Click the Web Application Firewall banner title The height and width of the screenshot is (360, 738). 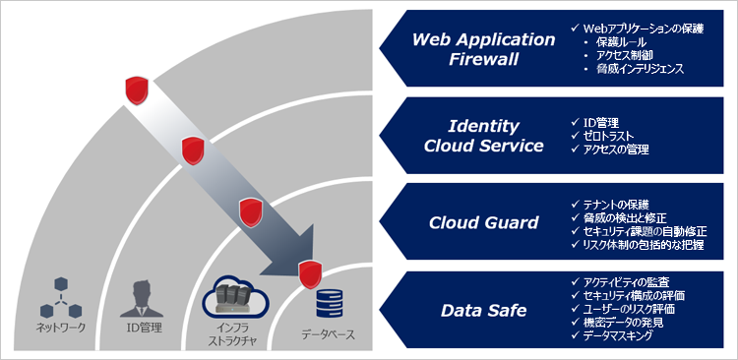pos(483,49)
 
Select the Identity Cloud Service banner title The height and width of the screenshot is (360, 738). pos(483,137)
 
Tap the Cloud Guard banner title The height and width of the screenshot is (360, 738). pos(483,222)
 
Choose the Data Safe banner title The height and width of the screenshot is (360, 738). pos(483,311)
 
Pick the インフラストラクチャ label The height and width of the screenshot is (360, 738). pos(228,333)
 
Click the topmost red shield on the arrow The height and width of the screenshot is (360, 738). pos(137,90)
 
